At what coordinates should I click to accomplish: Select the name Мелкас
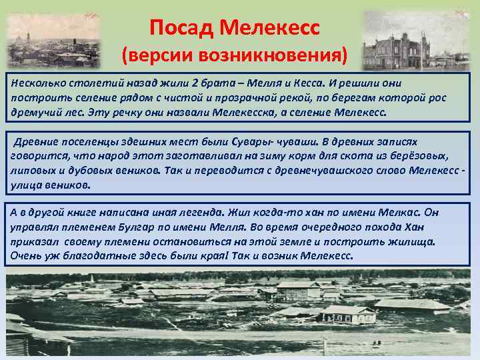coord(396,213)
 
